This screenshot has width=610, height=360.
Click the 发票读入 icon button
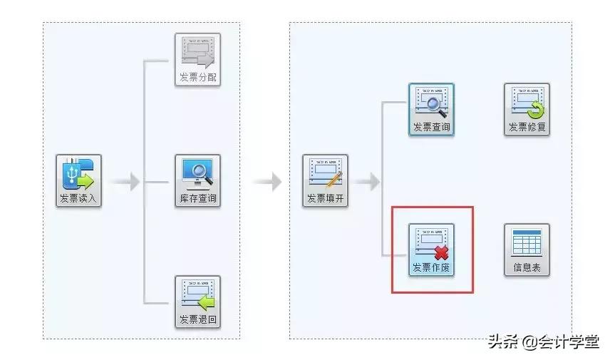79,180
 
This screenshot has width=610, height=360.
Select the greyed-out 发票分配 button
197,60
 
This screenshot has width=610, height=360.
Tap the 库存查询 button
197,180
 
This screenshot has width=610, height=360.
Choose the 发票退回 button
197,302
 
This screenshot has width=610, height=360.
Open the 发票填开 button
325,180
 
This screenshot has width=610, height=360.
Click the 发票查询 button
431,110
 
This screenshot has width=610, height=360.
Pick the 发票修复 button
527,110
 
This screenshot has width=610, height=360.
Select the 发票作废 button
431,250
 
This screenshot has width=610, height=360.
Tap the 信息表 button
527,250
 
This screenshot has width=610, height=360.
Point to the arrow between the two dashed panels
267,182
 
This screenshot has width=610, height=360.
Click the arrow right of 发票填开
366,182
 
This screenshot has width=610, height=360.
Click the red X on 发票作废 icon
441,252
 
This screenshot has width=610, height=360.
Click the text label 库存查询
197,199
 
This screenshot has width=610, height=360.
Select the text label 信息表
527,269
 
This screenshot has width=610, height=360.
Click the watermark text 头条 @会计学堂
543,342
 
